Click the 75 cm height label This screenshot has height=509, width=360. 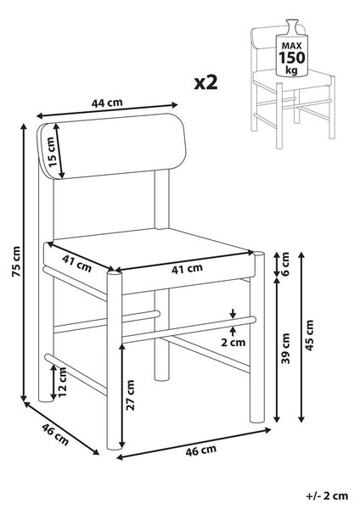click(x=16, y=261)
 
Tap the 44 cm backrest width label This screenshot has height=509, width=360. click(x=107, y=103)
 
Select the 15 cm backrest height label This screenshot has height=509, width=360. click(x=53, y=152)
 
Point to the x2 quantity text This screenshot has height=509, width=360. click(x=205, y=82)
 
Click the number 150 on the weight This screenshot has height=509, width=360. click(x=292, y=58)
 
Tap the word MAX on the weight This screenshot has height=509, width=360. click(x=291, y=46)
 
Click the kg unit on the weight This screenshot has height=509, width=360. click(x=291, y=70)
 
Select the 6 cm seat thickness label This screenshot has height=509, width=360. click(x=285, y=264)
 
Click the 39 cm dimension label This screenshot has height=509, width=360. click(x=285, y=349)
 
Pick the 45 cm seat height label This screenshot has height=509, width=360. click(x=310, y=335)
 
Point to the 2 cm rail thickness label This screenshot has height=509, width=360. click(x=233, y=342)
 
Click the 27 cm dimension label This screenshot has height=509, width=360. click(x=130, y=394)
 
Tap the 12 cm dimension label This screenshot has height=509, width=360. click(x=62, y=382)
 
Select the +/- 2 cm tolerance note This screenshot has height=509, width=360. click(x=327, y=496)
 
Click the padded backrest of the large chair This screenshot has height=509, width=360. click(x=112, y=146)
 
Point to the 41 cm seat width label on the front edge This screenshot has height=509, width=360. click(x=187, y=269)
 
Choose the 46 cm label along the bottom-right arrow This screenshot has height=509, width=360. click(x=200, y=450)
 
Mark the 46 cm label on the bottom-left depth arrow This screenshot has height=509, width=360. click(x=55, y=434)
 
